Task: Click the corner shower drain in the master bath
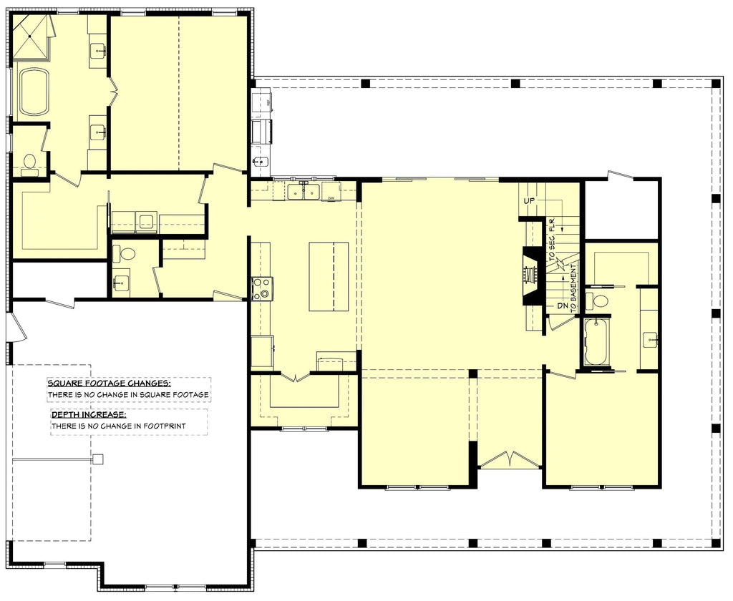[32, 35]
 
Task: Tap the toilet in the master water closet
[29, 164]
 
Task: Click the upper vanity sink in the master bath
[98, 50]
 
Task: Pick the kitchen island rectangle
[329, 276]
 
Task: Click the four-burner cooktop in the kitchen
[262, 288]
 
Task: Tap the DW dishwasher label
[331, 197]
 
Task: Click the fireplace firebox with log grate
[531, 276]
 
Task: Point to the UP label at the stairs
[530, 201]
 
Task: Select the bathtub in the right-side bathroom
[596, 343]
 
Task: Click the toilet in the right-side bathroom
[598, 300]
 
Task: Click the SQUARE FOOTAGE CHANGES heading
[109, 383]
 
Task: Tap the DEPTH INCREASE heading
[89, 414]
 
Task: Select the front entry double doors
[509, 460]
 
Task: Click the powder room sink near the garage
[121, 281]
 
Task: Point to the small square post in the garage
[98, 459]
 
